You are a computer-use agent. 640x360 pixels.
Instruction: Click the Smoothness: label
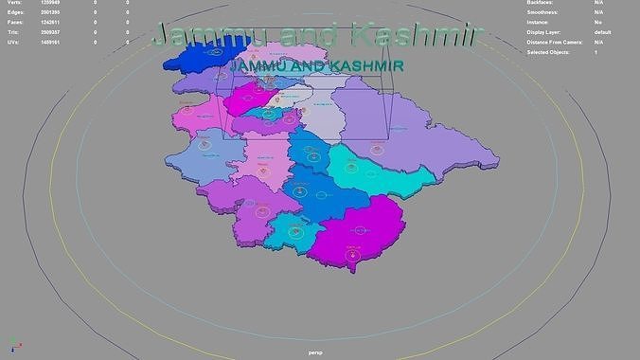tap(542, 13)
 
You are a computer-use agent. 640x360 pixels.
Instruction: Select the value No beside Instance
tap(597, 23)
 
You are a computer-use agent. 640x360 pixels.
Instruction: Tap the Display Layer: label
tap(544, 32)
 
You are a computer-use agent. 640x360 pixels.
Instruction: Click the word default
tap(602, 32)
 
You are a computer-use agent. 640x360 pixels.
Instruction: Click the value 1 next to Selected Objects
tap(596, 51)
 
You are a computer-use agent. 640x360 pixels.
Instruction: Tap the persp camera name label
tap(316, 352)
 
